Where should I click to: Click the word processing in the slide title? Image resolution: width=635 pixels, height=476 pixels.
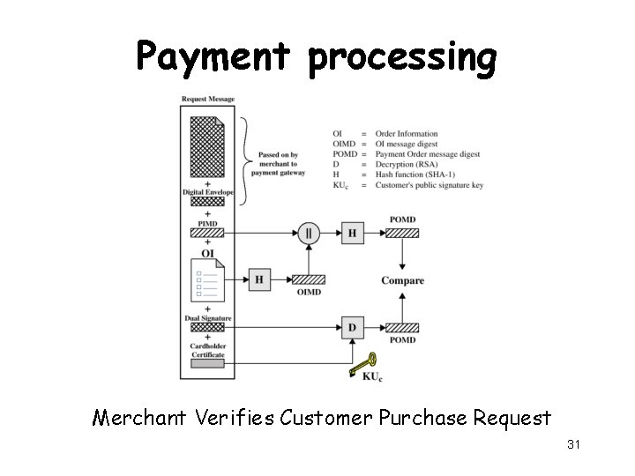coord(403,59)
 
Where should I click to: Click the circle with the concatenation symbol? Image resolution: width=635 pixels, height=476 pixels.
coord(309,234)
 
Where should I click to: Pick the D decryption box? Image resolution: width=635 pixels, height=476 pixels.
coord(352,328)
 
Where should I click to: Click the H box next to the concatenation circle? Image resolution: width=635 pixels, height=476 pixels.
coord(352,234)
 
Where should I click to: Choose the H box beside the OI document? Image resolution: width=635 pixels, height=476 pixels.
coord(259,279)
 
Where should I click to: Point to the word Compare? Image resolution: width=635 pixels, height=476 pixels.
coord(402,280)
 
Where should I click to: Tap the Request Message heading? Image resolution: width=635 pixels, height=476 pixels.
coord(208,99)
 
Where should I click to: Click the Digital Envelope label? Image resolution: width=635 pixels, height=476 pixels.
coord(208,192)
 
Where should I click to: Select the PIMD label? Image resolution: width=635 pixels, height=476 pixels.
coord(208,224)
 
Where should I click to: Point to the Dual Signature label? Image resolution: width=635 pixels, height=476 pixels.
coord(208,317)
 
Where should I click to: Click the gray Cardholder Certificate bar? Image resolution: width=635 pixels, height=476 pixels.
coord(208,363)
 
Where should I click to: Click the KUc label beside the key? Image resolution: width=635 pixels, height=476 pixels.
coord(372,376)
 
